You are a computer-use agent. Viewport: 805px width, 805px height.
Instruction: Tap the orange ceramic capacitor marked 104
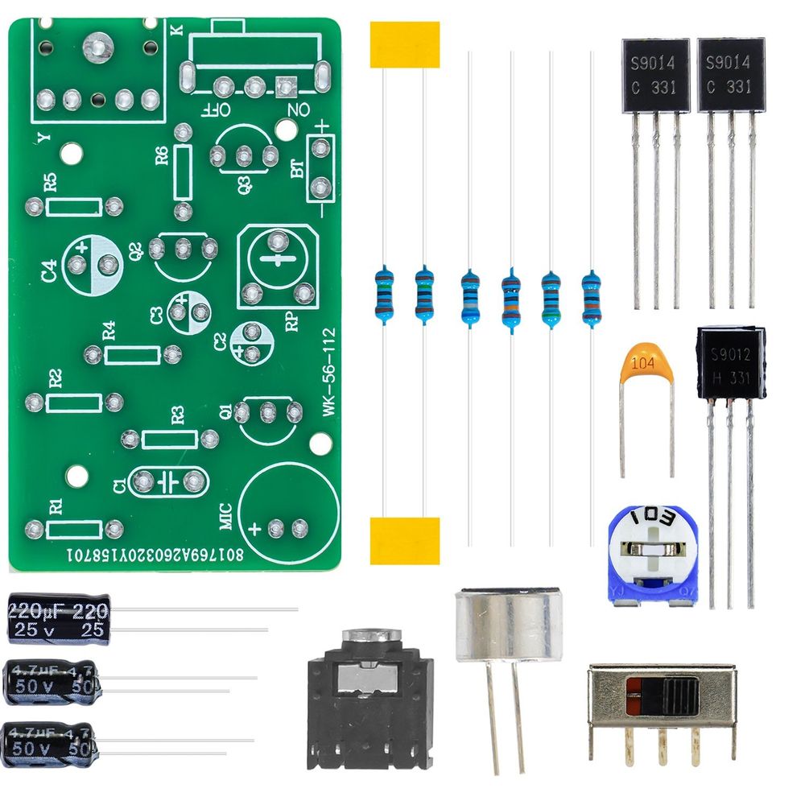[647, 366]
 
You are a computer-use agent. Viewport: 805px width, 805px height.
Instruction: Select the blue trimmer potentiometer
[654, 555]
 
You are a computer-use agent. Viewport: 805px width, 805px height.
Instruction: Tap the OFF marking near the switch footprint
[218, 109]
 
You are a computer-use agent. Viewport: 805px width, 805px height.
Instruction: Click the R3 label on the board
[178, 415]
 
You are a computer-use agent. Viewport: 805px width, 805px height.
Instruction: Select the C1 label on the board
[119, 485]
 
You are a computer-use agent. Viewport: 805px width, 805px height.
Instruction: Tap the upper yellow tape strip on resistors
[405, 44]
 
